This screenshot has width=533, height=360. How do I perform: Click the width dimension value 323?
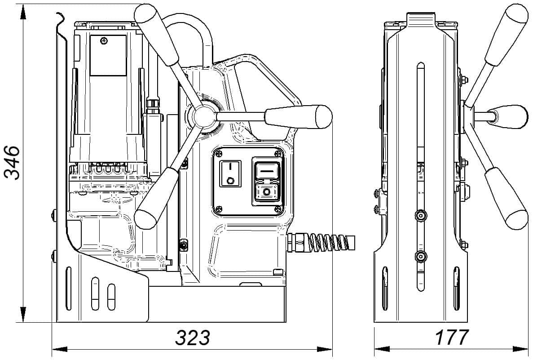(x=192, y=338)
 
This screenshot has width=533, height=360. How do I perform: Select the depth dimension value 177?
(x=451, y=338)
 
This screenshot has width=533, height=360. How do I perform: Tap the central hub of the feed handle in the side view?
(x=204, y=116)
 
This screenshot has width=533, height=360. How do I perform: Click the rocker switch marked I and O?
(x=230, y=173)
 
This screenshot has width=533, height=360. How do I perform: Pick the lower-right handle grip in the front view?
(x=506, y=198)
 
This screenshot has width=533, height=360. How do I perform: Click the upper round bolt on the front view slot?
(x=420, y=216)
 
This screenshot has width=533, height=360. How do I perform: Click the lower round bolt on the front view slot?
(x=420, y=257)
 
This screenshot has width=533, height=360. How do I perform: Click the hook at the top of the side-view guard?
(x=60, y=18)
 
